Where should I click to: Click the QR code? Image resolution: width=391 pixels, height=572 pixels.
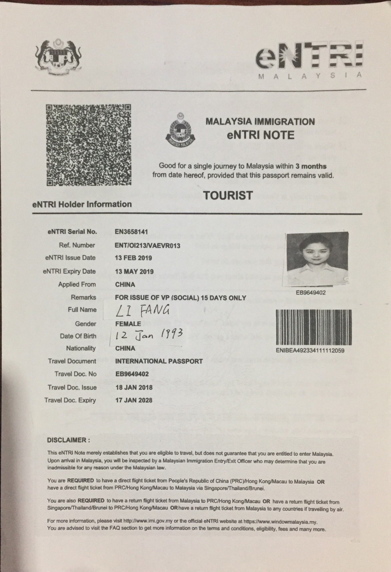click(89, 145)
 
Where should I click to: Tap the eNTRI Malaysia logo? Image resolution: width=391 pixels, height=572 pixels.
click(309, 60)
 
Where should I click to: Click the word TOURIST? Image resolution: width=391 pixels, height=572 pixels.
click(228, 195)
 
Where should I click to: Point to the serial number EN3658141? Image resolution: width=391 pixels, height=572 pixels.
click(131, 232)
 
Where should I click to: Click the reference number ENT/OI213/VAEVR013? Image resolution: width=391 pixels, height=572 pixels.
click(147, 245)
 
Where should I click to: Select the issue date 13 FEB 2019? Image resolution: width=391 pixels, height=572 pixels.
click(134, 258)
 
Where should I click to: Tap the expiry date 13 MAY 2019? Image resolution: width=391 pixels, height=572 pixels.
click(134, 272)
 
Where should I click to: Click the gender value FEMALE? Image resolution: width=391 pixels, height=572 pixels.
click(128, 324)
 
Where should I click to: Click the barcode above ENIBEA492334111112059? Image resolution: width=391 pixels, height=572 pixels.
click(313, 327)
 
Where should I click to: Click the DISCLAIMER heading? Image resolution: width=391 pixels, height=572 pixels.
click(68, 440)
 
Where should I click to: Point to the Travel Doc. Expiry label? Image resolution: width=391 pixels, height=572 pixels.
click(70, 400)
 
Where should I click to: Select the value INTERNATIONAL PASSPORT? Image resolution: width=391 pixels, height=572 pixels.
click(159, 361)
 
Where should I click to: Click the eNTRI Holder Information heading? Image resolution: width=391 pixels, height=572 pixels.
click(82, 204)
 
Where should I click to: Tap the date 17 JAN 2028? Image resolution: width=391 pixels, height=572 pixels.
click(134, 400)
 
